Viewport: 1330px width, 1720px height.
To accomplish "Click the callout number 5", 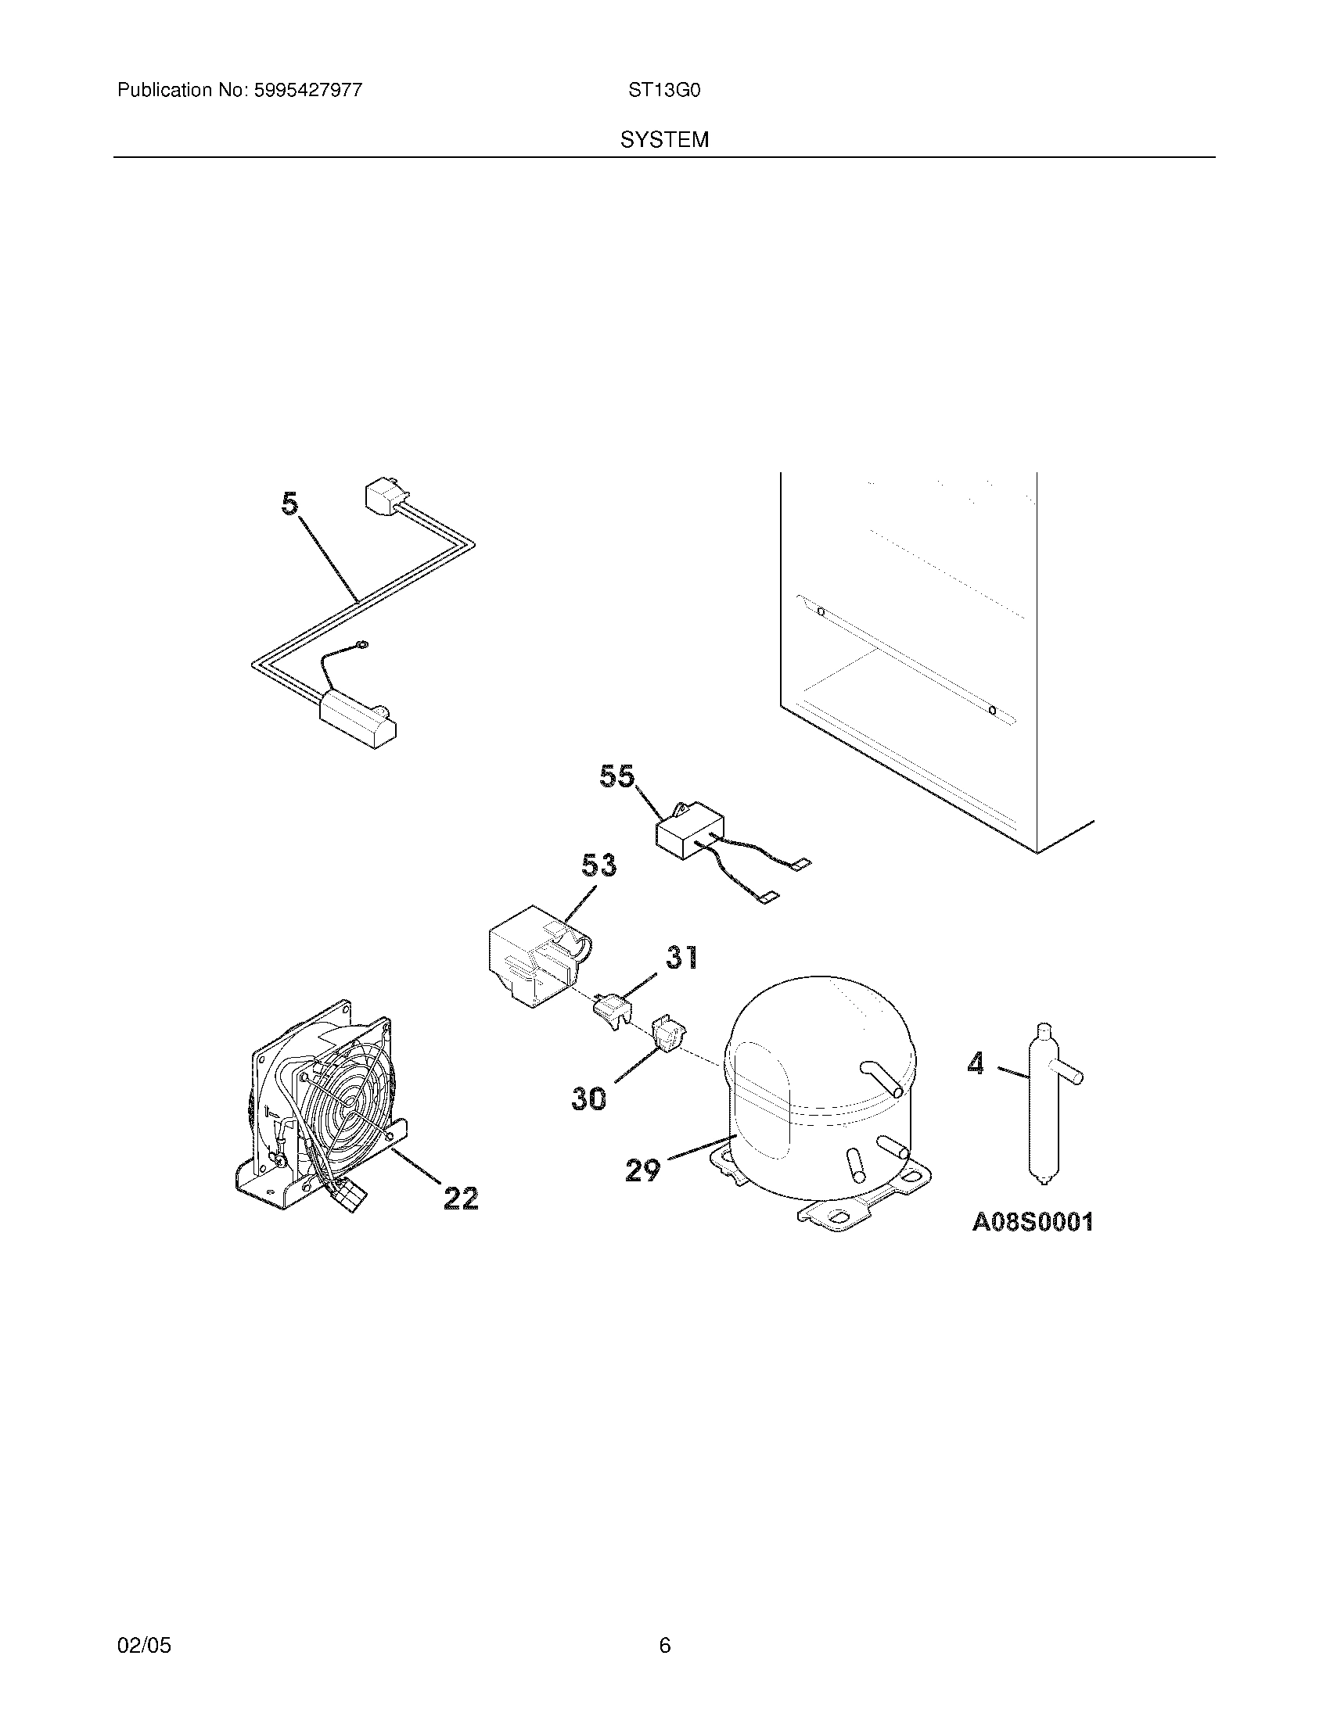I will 291,504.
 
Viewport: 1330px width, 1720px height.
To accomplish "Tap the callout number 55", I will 616,776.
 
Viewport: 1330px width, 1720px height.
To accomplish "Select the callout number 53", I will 598,865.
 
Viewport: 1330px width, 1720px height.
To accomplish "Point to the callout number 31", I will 681,957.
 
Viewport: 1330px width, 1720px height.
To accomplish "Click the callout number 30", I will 589,1098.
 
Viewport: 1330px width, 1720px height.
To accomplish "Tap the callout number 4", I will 976,1064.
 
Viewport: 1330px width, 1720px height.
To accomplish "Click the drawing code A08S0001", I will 1032,1222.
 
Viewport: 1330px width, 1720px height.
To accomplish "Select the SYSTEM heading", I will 664,140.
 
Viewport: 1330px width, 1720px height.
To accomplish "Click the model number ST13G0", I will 664,91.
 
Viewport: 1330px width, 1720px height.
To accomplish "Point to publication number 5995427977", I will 307,91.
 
